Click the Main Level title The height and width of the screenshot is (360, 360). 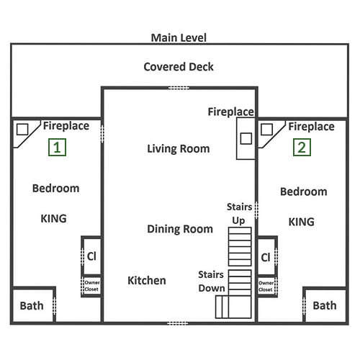pyautogui.click(x=179, y=37)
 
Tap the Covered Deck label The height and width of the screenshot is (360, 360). pyautogui.click(x=179, y=67)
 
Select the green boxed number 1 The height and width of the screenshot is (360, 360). pyautogui.click(x=57, y=148)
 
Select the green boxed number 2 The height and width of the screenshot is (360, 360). pyautogui.click(x=302, y=148)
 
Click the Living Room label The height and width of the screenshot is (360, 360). pyautogui.click(x=179, y=149)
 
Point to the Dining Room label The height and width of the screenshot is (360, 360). pyautogui.click(x=180, y=229)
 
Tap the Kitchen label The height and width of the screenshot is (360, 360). pyautogui.click(x=147, y=280)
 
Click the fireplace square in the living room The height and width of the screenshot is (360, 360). pyautogui.click(x=246, y=138)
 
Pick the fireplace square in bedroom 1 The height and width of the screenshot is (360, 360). pyautogui.click(x=22, y=130)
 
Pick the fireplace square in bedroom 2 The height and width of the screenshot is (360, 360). pyautogui.click(x=266, y=130)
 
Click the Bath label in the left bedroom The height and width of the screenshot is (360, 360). pyautogui.click(x=32, y=306)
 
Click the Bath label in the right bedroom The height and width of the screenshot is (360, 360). pyautogui.click(x=325, y=305)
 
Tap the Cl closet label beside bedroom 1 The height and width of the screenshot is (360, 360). pyautogui.click(x=91, y=256)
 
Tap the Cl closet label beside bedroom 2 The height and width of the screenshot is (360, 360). pyautogui.click(x=266, y=258)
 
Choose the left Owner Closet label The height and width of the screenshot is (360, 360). pyautogui.click(x=92, y=286)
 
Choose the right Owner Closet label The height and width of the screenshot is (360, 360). pyautogui.click(x=266, y=287)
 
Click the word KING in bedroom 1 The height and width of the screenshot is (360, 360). pyautogui.click(x=53, y=219)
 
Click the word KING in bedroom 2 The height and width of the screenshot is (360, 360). pyautogui.click(x=301, y=222)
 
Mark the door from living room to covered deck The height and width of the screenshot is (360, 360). pyautogui.click(x=179, y=88)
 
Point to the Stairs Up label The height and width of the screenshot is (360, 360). pyautogui.click(x=239, y=214)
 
